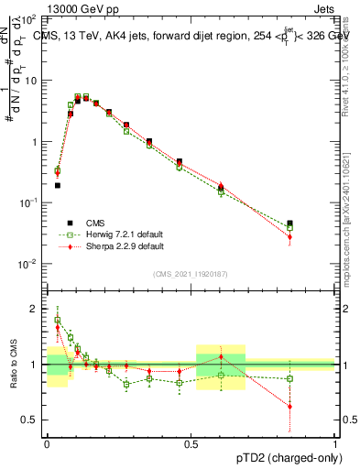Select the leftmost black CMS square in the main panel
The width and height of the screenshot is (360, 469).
57,185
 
